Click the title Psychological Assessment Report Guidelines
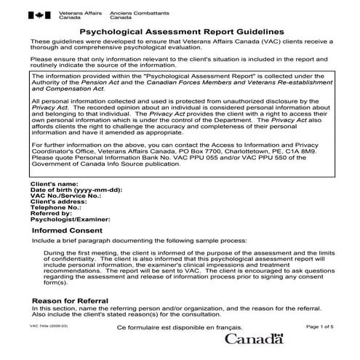[181, 32]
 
